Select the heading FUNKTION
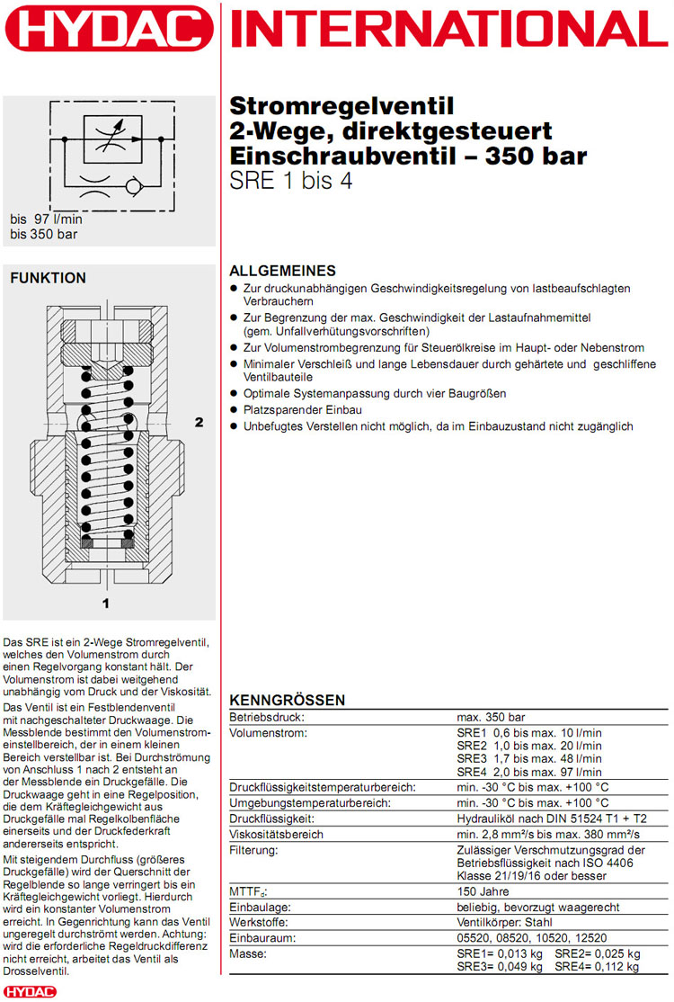point(48,278)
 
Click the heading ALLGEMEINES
point(282,271)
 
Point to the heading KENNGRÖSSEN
point(288,700)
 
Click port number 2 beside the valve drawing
point(200,421)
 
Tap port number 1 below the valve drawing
point(105,603)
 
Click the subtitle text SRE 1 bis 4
point(292,180)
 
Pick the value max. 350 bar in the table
point(491,718)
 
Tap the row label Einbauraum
point(262,937)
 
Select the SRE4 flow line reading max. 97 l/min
point(529,772)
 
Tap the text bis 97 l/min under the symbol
point(46,219)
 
